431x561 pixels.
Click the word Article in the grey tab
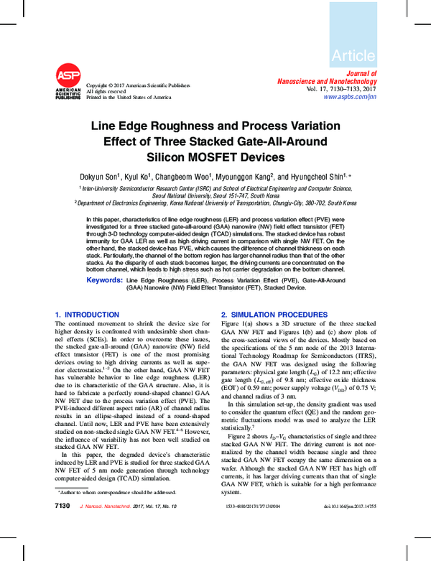353,55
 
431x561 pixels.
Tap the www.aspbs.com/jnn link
349,96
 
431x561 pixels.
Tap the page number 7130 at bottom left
62,527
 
